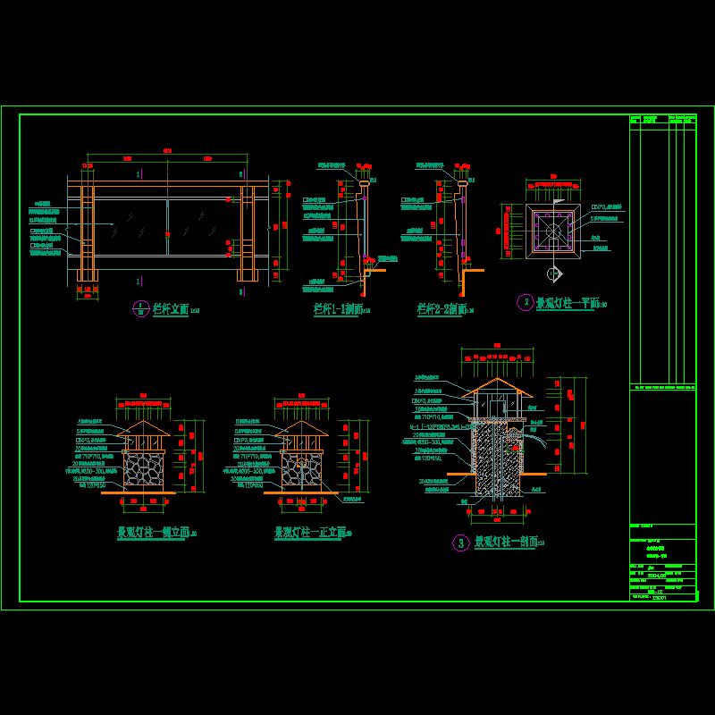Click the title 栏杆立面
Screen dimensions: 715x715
point(170,309)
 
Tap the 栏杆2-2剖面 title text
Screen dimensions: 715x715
point(441,309)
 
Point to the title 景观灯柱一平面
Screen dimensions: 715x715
point(566,303)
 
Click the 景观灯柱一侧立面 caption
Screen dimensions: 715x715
point(153,533)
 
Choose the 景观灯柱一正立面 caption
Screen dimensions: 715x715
point(309,533)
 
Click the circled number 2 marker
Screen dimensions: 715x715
point(526,302)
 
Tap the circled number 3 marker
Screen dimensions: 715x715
point(461,543)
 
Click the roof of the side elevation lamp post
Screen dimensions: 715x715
point(143,430)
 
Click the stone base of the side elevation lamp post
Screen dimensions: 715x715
point(143,469)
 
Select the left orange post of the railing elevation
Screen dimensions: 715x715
point(87,234)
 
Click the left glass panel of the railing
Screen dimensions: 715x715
point(130,227)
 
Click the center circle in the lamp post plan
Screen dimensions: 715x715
point(553,230)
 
